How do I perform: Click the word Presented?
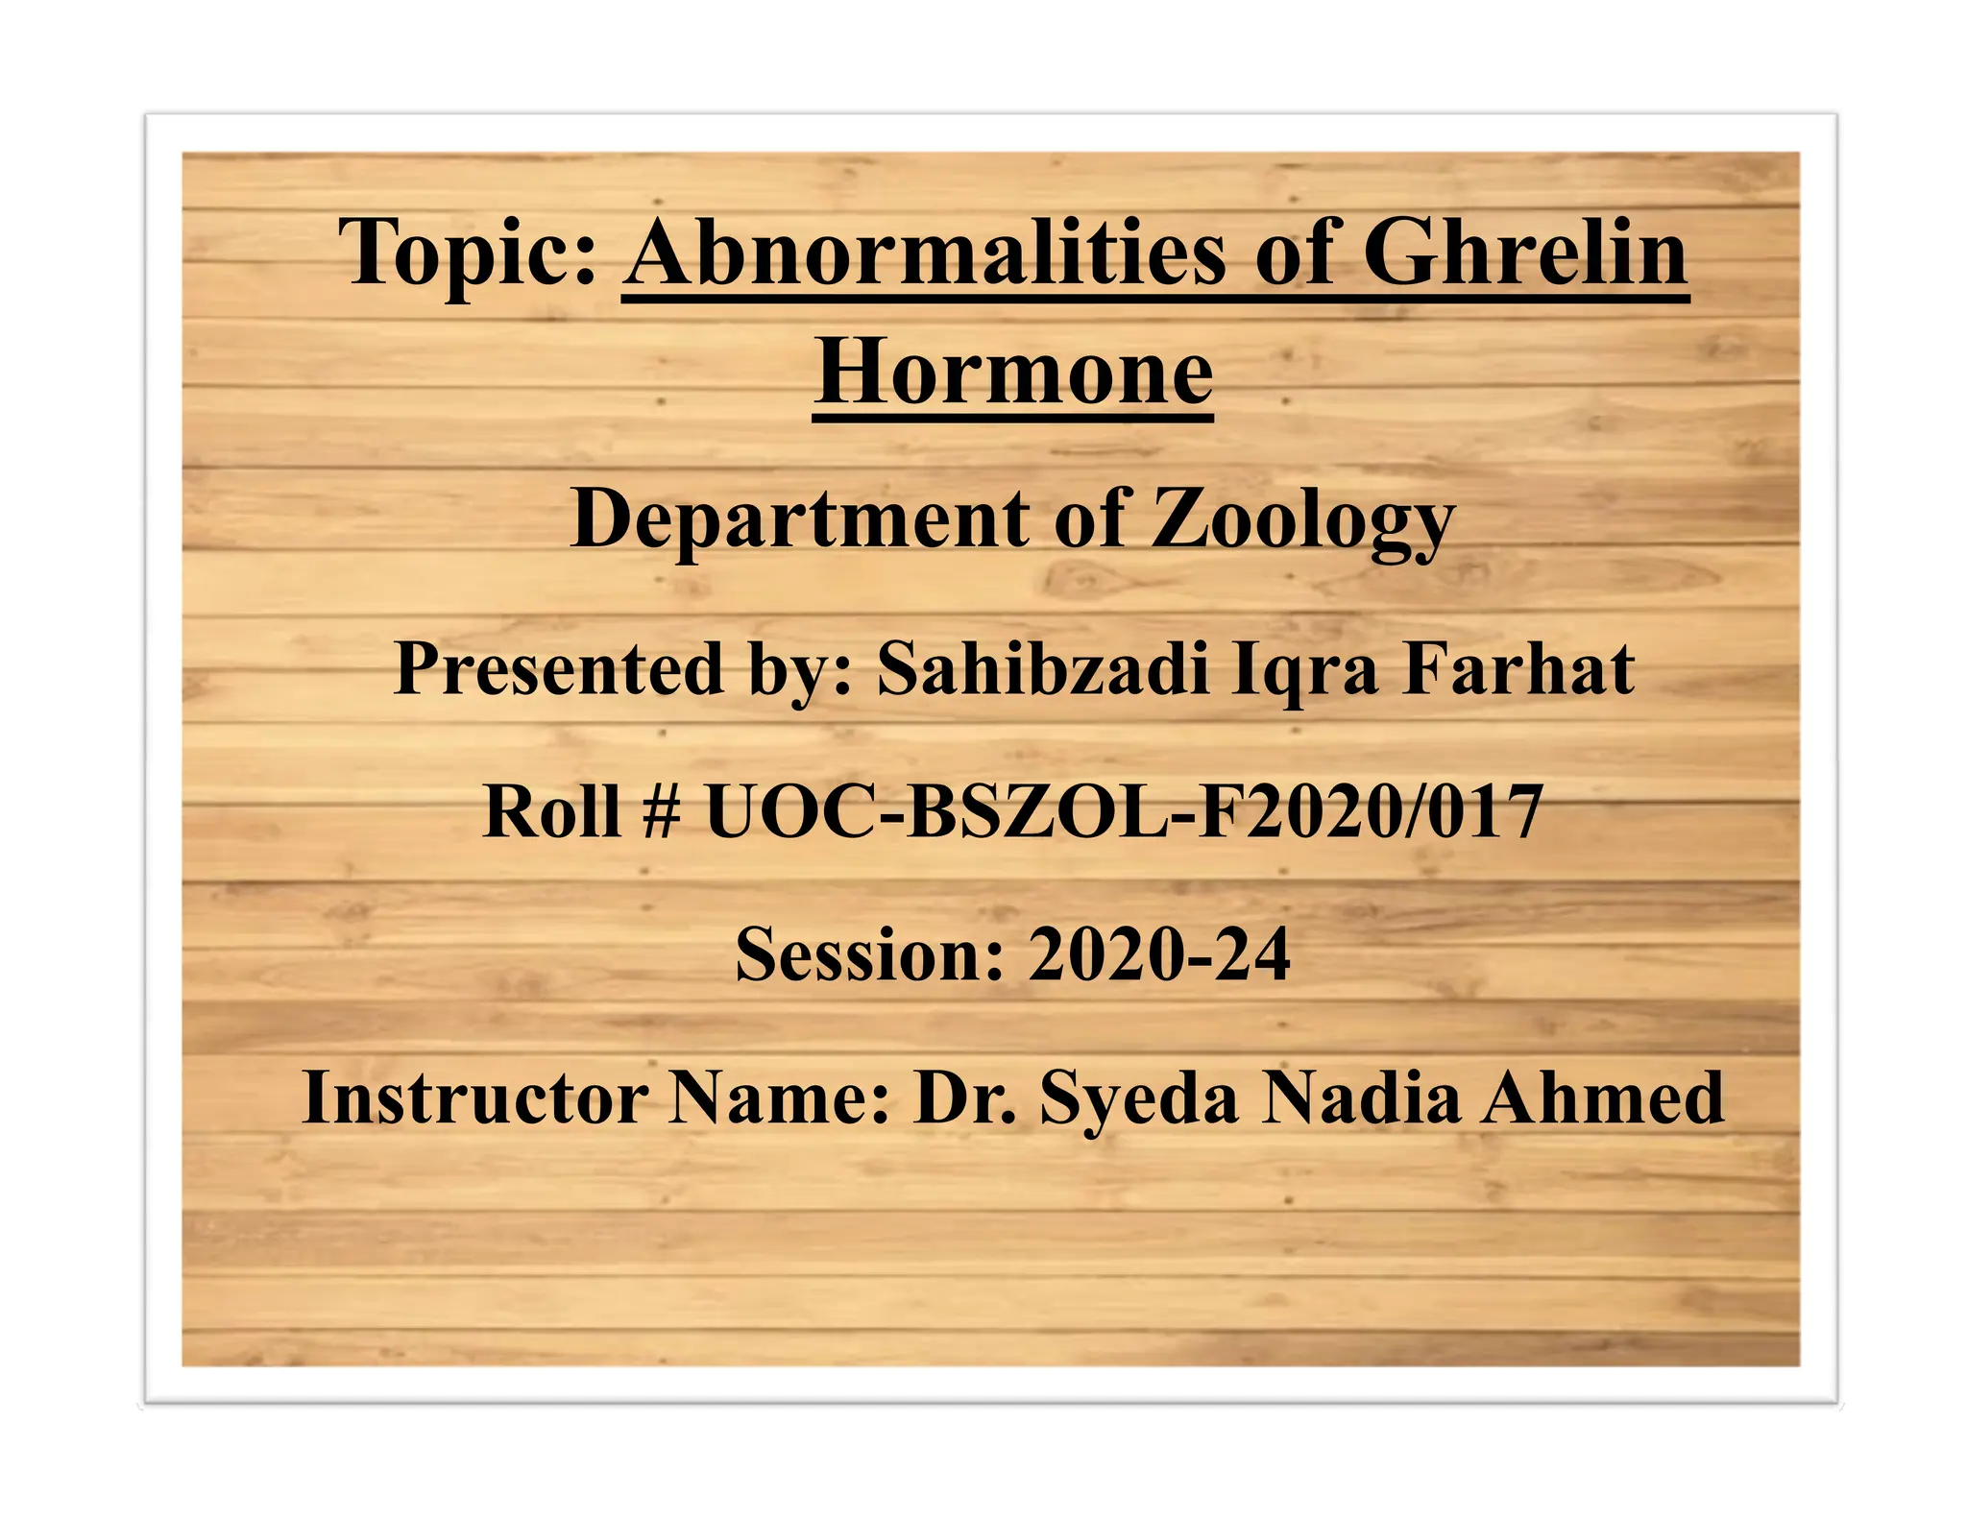point(558,669)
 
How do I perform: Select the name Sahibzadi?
point(1043,669)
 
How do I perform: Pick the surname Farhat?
point(1519,669)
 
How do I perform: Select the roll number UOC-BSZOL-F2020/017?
point(1124,812)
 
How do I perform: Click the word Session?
point(869,955)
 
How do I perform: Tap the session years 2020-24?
point(1159,955)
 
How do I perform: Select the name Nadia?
point(1362,1097)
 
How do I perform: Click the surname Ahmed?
point(1602,1097)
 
